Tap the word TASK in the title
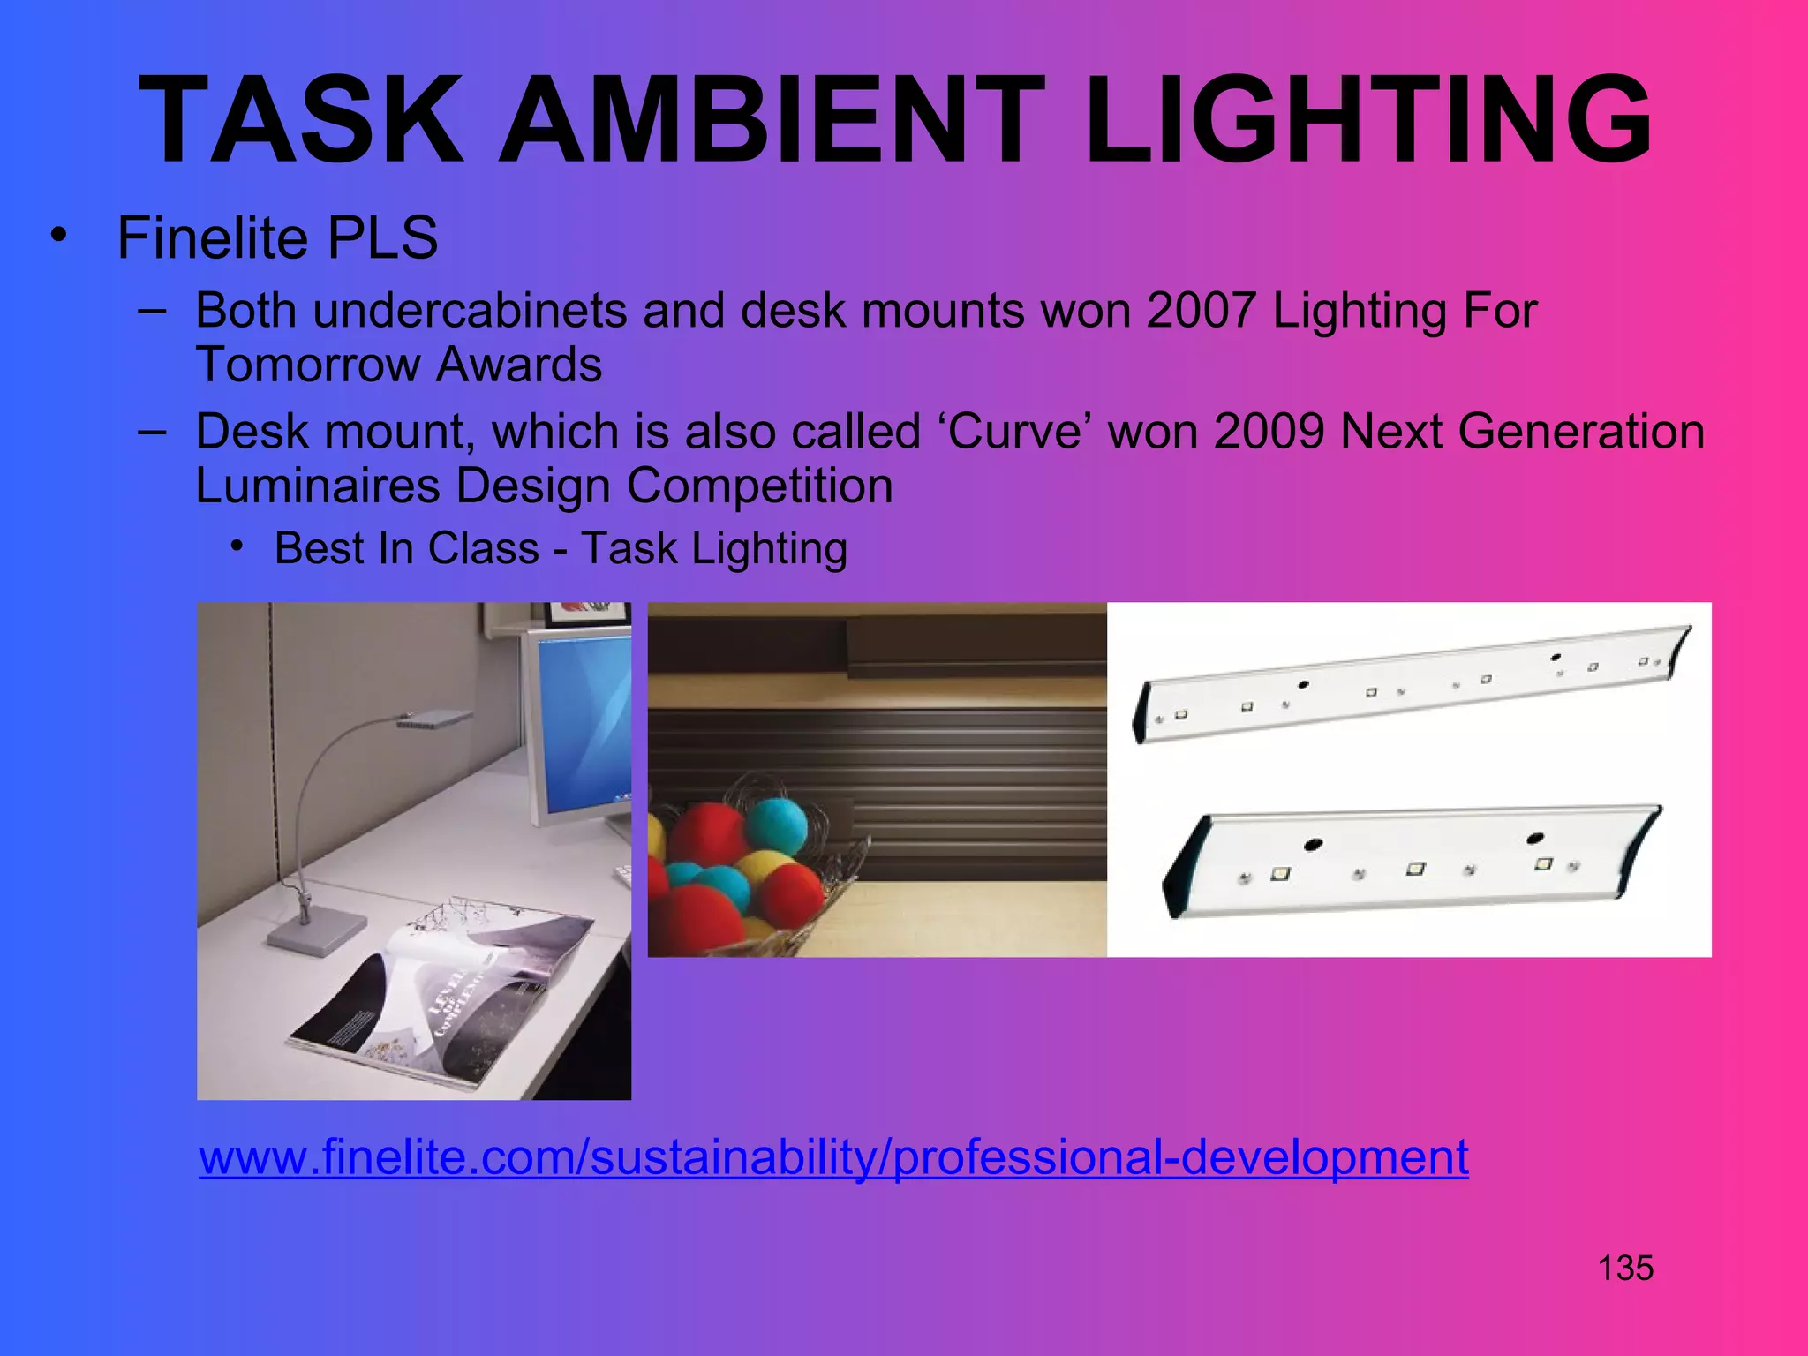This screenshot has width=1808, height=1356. point(300,120)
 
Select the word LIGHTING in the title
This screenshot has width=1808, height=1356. point(1368,120)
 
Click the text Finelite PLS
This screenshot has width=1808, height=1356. point(277,237)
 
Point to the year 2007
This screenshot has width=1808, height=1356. point(1202,311)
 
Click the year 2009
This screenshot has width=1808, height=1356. point(1269,432)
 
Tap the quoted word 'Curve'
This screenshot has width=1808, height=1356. point(1014,432)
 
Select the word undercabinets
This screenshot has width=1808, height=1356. point(469,311)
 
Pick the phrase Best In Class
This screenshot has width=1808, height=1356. point(406,548)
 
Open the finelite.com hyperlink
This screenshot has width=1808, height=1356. point(833,1156)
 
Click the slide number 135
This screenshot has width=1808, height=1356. point(1625,1268)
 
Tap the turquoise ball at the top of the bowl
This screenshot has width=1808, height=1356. point(775,825)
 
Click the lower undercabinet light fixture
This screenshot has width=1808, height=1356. point(1412,861)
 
